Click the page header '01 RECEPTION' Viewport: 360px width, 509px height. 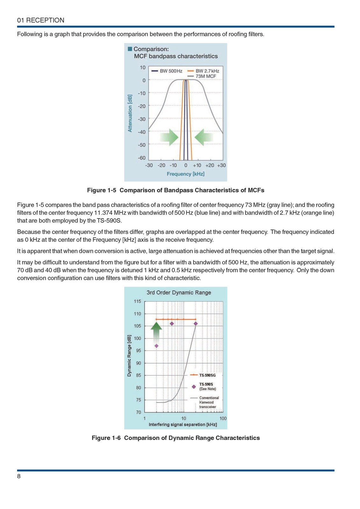41,20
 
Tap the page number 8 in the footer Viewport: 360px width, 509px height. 19,476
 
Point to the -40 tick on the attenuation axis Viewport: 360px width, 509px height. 142,132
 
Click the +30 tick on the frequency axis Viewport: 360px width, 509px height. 221,165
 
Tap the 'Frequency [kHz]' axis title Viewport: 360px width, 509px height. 186,174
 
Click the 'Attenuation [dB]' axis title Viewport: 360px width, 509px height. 130,113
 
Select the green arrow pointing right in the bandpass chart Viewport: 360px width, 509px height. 169,137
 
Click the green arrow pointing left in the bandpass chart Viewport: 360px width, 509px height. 203,137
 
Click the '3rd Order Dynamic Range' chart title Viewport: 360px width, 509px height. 179,293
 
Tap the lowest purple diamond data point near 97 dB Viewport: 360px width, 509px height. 156,346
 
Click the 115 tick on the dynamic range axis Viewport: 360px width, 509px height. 137,301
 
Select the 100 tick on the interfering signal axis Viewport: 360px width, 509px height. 223,418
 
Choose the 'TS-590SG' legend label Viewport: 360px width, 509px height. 207,375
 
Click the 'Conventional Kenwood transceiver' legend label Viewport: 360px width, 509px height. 209,402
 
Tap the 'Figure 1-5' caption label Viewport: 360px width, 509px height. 102,190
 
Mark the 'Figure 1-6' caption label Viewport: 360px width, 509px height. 106,438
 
